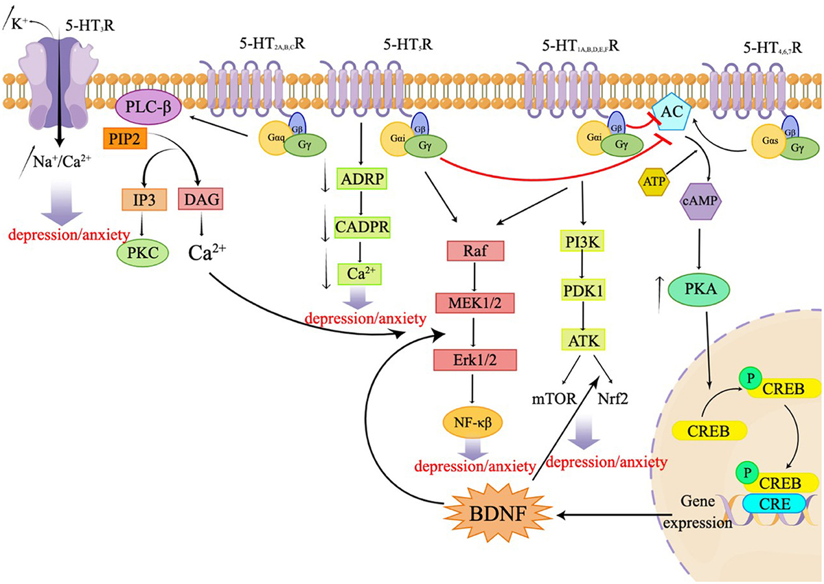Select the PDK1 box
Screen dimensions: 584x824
pos(582,291)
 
